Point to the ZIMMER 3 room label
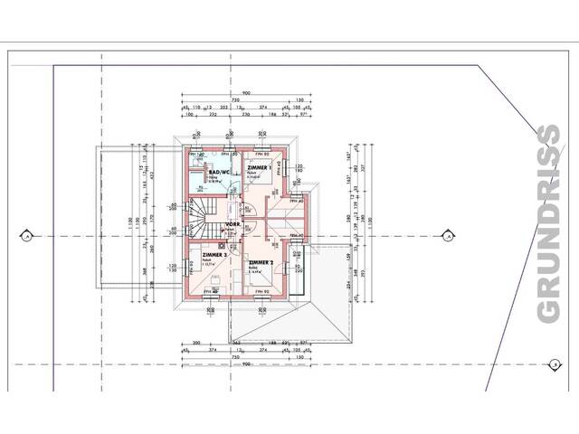214,256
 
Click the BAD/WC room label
221,173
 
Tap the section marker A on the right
448,237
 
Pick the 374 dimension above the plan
263,108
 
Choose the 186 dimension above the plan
271,115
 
